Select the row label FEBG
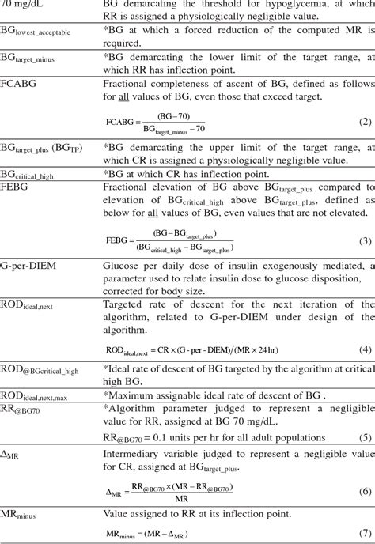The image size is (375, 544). pos(16,188)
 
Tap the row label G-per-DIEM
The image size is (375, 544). pos(32,268)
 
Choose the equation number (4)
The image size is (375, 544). pos(365,349)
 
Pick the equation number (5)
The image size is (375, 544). pos(365,436)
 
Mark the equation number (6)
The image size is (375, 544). pos(365,490)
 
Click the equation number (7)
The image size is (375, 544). pos(365,535)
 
